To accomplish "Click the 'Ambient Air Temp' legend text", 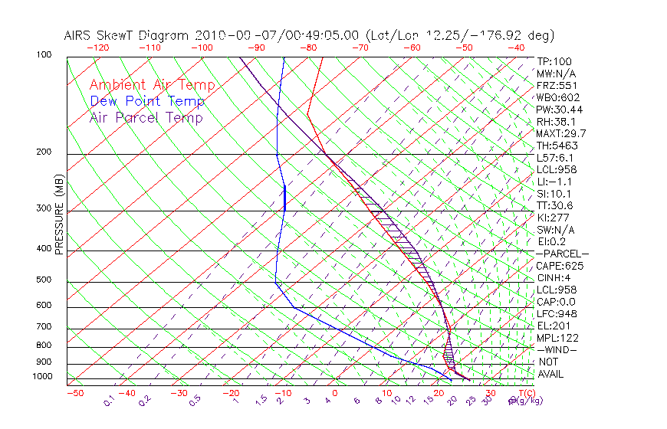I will [152, 85].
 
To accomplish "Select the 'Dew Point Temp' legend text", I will [147, 101].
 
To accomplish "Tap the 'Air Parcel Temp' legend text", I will [146, 117].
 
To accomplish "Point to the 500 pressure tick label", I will [44, 280].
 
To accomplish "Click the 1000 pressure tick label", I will [42, 377].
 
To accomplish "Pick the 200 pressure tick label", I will [44, 152].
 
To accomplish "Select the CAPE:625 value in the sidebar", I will [560, 266].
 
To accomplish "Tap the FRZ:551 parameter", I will [557, 85].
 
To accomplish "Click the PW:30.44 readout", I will [560, 110].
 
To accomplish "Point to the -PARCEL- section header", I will [562, 254].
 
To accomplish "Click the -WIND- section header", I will [557, 349].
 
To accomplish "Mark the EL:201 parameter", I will [554, 326].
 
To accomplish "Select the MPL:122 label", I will [557, 338].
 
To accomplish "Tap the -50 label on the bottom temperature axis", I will [74, 393].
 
